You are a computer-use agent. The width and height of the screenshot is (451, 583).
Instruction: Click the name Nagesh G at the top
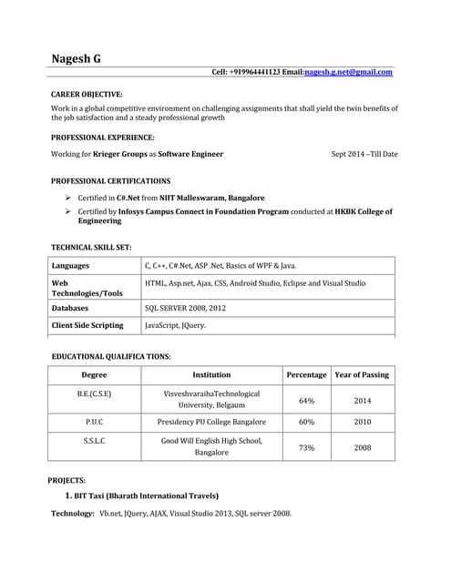point(77,59)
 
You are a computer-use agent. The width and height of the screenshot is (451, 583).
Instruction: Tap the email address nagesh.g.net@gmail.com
point(349,72)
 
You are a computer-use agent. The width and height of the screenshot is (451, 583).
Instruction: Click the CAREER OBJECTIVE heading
point(87,95)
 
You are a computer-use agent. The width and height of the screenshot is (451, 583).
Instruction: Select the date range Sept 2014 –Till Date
point(364,154)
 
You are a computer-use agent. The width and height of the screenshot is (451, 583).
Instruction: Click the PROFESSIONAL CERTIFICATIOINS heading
point(110,180)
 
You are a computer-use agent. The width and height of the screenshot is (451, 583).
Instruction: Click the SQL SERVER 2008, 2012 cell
point(185,308)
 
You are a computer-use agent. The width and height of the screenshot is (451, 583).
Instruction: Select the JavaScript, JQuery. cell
point(175,325)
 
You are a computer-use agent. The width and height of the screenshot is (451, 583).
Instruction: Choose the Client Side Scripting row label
point(87,325)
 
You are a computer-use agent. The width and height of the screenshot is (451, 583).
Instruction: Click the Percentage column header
point(306,375)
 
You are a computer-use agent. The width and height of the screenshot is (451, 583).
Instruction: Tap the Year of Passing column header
point(362,375)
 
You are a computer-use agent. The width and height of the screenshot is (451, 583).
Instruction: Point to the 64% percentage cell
point(306,400)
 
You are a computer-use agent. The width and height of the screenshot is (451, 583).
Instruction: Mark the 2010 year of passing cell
point(363,423)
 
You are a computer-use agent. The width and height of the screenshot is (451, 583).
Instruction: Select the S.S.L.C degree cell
point(94,441)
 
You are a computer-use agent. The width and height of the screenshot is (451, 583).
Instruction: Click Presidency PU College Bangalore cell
point(211,423)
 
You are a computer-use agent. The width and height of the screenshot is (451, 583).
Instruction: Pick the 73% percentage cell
point(306,447)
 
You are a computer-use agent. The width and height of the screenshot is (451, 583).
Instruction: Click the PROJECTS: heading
point(67,479)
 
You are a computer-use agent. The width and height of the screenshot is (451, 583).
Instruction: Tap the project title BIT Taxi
point(146,496)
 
